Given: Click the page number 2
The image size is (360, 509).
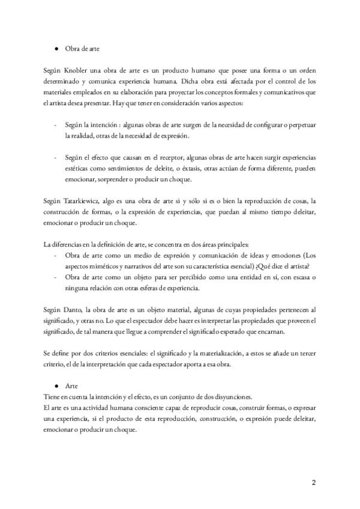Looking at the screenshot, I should [x=313, y=483].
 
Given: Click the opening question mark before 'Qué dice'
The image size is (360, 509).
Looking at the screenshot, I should [x=256, y=267].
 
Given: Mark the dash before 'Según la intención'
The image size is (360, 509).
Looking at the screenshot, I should [x=56, y=125].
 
